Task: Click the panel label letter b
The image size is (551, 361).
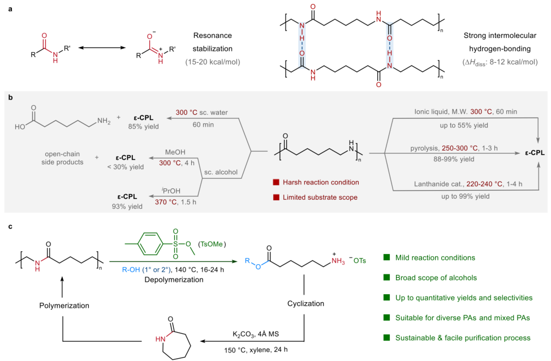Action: click(10, 97)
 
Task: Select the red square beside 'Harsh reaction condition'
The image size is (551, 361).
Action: click(276, 182)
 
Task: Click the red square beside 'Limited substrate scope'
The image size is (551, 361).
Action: click(276, 197)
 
